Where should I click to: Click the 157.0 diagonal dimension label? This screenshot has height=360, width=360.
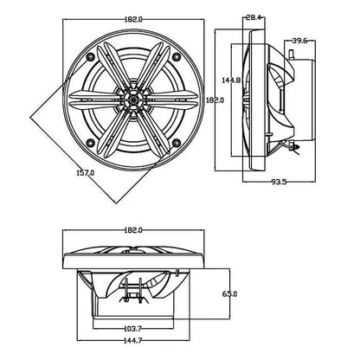(x=85, y=173)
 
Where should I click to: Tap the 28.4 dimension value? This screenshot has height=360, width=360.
(x=254, y=17)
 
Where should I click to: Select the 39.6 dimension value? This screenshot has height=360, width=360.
(x=299, y=41)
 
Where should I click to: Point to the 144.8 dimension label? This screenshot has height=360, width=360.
(x=231, y=80)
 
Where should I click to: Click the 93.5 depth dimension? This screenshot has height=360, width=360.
(x=280, y=182)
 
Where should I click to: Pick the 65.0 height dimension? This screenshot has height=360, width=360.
(x=229, y=294)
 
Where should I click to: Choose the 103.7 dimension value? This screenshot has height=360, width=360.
(x=133, y=328)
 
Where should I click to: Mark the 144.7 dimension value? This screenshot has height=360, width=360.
(x=133, y=340)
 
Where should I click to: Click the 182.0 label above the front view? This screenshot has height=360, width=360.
(x=133, y=19)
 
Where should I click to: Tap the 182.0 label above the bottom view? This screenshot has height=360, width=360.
(x=133, y=230)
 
